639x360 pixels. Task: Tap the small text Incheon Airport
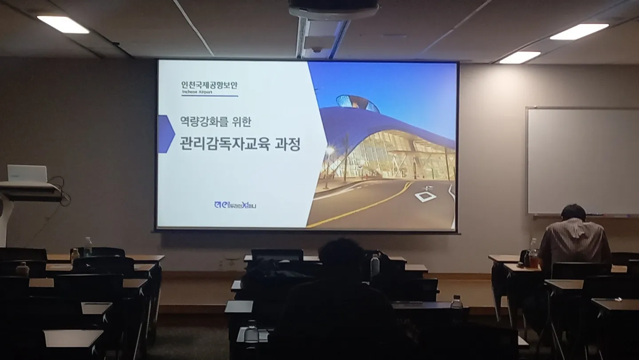point(197,92)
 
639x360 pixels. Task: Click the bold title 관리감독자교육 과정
point(240,144)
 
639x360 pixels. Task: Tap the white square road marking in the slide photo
point(425,196)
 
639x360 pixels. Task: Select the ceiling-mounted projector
point(333,9)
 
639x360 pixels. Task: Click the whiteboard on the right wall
point(582,161)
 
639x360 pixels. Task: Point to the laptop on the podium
point(27,174)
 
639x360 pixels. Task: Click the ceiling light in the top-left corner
point(63,24)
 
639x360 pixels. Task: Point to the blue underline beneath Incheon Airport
point(209,96)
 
